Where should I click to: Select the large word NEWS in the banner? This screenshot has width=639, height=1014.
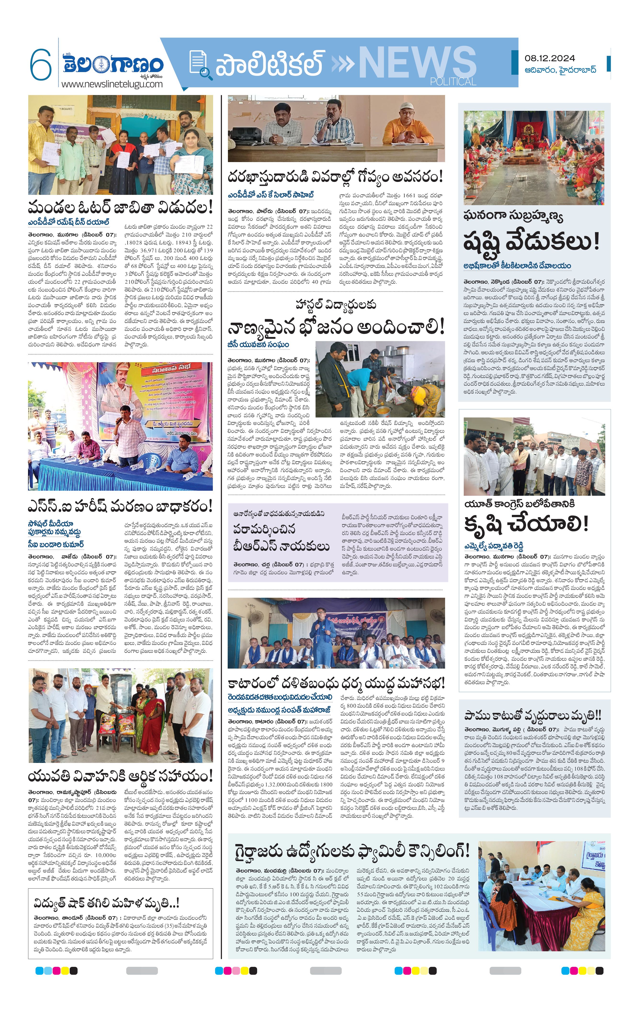(417, 62)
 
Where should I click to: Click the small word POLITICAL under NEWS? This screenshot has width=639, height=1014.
(453, 81)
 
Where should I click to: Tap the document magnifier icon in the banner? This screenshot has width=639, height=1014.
(199, 64)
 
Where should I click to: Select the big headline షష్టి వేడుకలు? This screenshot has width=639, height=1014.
(531, 242)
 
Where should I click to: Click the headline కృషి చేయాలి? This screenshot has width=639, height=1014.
(526, 524)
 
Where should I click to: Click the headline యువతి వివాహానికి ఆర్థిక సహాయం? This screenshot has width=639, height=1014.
(120, 775)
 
